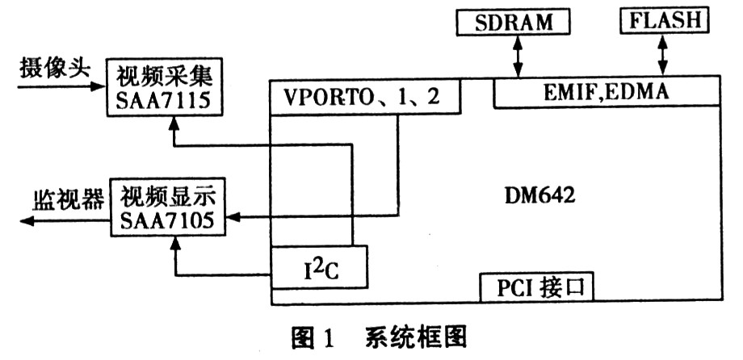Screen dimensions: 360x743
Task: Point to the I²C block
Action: (x=319, y=267)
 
